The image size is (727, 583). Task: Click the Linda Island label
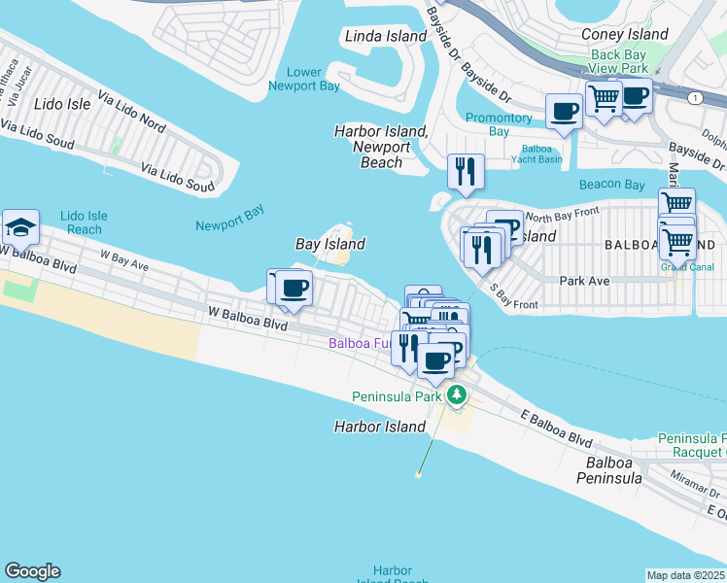[386, 36]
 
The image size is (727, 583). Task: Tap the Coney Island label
[624, 34]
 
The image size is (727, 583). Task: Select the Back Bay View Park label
[619, 62]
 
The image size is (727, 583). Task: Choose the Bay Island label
[330, 245]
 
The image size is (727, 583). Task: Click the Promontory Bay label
[500, 124]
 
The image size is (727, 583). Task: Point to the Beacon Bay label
[611, 185]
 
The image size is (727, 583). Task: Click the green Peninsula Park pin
[457, 395]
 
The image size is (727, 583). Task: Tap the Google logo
[32, 571]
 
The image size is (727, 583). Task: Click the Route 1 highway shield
[695, 98]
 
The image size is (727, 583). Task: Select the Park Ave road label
[584, 280]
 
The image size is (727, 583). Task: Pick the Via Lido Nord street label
[131, 113]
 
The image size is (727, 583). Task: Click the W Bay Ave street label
[123, 263]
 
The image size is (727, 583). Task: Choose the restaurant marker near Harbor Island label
[465, 171]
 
